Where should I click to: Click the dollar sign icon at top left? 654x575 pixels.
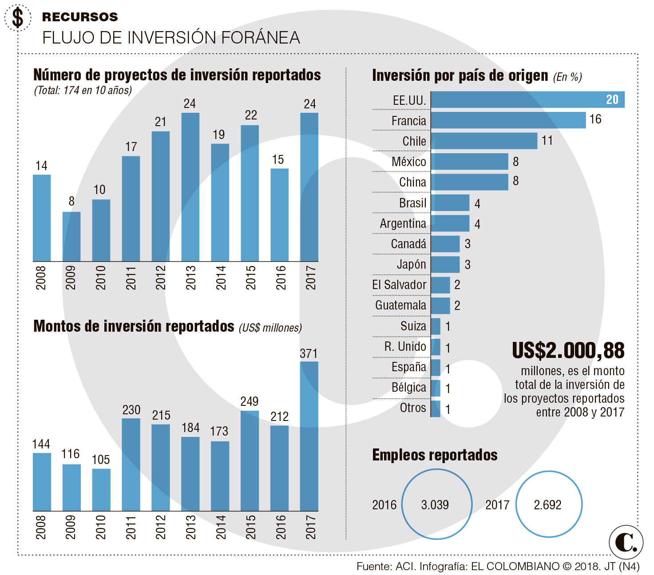[18, 18]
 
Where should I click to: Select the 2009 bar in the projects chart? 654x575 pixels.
[71, 236]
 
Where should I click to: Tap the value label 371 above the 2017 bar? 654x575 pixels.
[309, 353]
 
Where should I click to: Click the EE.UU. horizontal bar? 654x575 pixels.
[527, 99]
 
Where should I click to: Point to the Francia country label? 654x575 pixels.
[408, 121]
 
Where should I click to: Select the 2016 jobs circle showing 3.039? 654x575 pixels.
[437, 504]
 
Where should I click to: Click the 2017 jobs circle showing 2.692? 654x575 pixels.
[549, 504]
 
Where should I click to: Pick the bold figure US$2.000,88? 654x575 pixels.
[568, 351]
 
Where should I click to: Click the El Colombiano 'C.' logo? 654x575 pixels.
[626, 542]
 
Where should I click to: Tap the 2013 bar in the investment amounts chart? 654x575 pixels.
[190, 474]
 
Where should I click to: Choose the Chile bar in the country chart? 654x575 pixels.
[484, 141]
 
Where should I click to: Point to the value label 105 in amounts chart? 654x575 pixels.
[101, 460]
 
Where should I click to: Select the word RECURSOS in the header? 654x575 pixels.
[80, 17]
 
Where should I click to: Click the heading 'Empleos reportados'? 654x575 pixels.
[435, 455]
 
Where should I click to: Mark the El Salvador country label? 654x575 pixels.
[399, 285]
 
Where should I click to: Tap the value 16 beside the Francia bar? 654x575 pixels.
[595, 119]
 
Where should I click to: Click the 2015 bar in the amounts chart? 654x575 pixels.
[250, 460]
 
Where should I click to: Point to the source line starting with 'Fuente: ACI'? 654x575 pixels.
[498, 567]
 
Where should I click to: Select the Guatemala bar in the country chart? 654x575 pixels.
[440, 305]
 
